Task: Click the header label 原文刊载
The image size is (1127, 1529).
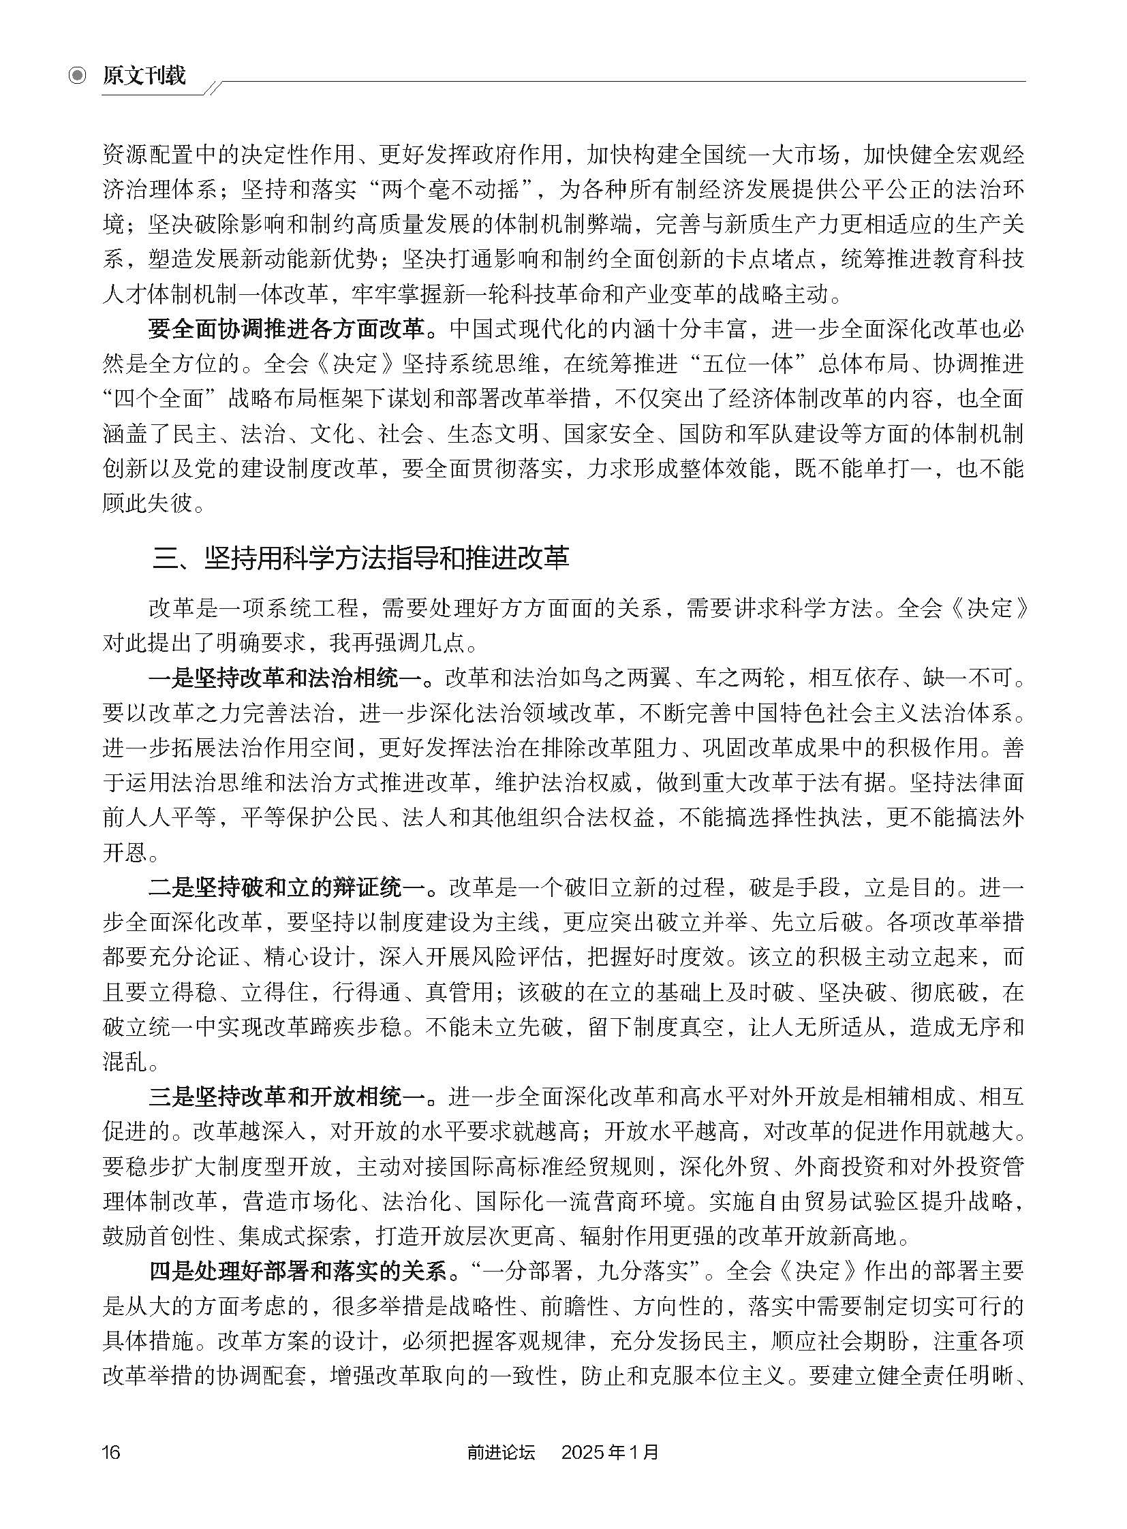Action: (x=144, y=76)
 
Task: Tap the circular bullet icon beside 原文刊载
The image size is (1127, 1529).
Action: (x=78, y=76)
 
